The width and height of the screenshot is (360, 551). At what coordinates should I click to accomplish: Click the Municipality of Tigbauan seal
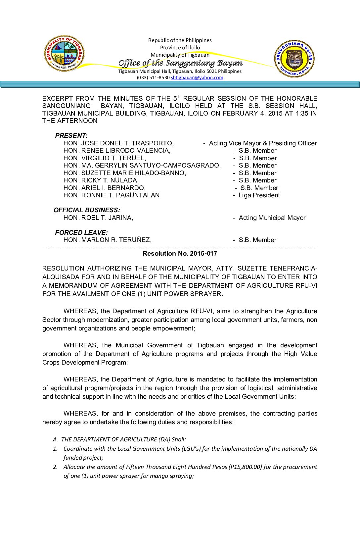pos(64,53)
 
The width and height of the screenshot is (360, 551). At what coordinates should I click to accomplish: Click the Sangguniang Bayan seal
pos(294,59)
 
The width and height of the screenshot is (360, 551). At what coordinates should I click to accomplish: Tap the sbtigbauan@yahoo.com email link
pos(197,77)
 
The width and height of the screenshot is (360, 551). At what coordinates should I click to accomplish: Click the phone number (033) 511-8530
pos(153,77)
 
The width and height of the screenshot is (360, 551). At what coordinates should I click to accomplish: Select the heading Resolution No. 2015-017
pos(180,254)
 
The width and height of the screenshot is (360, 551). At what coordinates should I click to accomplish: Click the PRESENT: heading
pos(71,135)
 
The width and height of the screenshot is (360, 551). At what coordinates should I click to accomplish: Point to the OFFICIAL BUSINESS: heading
pos(87,210)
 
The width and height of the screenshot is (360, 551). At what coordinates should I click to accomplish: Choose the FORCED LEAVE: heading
pos(81,232)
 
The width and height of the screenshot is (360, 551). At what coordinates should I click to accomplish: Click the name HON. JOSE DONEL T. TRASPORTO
pos(118,143)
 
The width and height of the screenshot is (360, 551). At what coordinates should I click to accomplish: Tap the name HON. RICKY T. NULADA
pos(101,180)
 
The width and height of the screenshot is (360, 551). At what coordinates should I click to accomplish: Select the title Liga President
pos(259,195)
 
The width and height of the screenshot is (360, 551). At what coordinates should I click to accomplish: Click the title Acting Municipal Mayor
pos(272,218)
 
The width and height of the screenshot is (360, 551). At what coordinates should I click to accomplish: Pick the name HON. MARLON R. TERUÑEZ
pos(108,240)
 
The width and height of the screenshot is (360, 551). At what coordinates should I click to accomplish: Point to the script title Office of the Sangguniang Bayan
pos(180,63)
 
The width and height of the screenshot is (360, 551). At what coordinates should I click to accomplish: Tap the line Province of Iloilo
pos(180,47)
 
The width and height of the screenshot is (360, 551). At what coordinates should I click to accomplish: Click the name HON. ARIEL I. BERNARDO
pos(105,188)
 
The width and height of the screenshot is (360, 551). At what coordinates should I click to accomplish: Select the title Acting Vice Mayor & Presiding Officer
pos(263,143)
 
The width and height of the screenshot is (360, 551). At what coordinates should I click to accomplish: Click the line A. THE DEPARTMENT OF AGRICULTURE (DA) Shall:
pos(119,439)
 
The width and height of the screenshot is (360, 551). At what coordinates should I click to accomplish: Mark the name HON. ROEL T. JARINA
pos(98,218)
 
